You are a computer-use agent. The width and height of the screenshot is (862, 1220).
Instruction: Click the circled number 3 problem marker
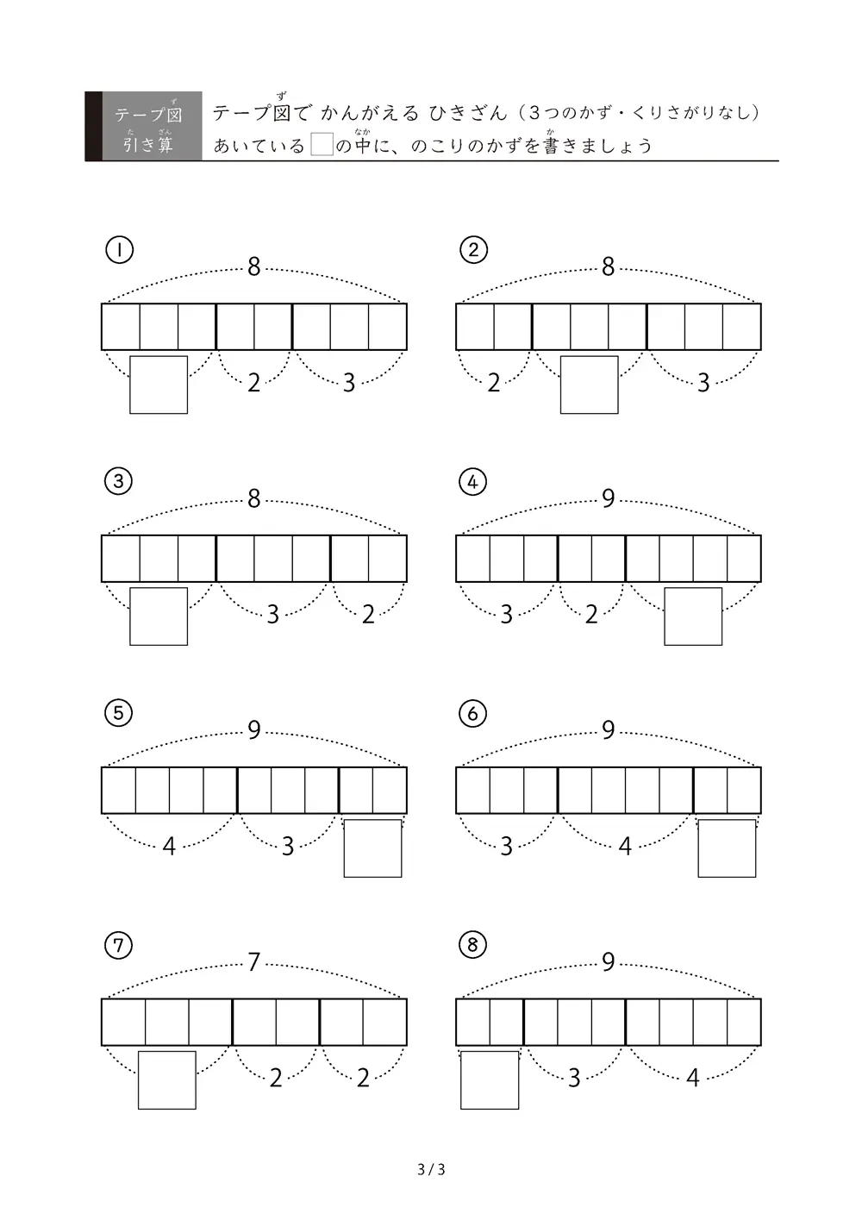point(118,481)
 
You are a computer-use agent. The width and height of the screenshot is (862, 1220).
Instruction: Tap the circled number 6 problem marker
point(472,713)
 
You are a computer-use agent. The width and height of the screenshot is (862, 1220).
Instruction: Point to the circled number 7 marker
point(118,945)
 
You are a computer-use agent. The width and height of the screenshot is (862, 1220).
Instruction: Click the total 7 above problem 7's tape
point(253,962)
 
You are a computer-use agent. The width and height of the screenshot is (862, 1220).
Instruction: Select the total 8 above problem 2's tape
point(609,267)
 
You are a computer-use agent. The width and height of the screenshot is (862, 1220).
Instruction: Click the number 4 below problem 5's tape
point(169,847)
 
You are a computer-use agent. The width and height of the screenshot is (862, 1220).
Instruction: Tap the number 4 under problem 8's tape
point(693,1078)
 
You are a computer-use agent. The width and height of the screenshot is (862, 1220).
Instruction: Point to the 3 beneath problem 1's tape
point(349,383)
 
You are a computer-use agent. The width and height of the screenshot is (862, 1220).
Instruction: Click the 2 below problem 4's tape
point(591,615)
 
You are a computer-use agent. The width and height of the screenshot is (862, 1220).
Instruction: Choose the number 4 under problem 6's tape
point(625,847)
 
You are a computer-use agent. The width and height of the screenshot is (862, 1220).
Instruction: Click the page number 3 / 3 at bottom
point(431,1169)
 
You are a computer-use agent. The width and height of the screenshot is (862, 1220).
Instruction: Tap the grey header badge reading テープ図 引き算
point(144,126)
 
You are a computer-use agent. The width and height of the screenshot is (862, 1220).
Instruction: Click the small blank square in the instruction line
point(322,144)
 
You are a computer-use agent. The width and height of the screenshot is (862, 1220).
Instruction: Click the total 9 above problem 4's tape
point(609,498)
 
